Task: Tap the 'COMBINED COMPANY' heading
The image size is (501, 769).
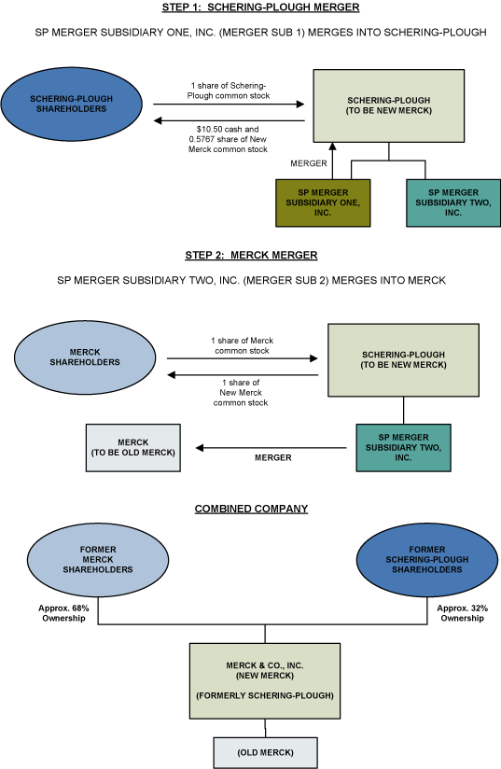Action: tap(251, 509)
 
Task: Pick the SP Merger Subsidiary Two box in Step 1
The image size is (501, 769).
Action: tap(452, 202)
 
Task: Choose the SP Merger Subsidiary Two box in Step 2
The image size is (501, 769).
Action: tap(403, 447)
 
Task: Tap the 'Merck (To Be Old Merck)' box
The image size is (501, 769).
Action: tap(132, 447)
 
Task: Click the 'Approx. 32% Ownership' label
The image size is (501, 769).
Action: tap(462, 613)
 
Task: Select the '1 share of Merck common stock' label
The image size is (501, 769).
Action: tap(242, 345)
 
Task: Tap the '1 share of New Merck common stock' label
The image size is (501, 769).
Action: tap(243, 392)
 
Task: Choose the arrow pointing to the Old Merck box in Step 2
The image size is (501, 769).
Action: tap(271, 447)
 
